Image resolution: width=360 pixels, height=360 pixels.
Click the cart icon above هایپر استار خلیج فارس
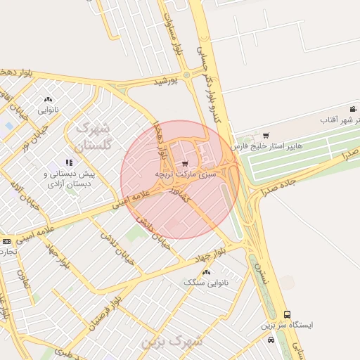(x=265, y=136)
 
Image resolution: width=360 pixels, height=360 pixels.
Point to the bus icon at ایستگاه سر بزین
(x=287, y=314)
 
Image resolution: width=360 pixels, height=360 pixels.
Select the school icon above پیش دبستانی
(x=69, y=162)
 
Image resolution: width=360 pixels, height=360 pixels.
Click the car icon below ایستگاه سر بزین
(x=271, y=340)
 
